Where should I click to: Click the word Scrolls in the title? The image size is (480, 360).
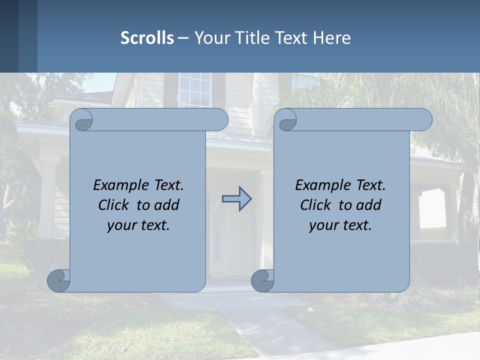click(x=147, y=38)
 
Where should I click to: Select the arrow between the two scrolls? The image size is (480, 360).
click(x=236, y=199)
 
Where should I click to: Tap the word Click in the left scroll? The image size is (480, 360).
click(x=114, y=205)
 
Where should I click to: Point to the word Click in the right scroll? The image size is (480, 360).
click(x=316, y=205)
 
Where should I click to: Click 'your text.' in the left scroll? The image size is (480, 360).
click(x=138, y=225)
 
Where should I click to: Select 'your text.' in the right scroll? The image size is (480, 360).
click(x=340, y=225)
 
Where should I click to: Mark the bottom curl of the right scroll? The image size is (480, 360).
click(x=262, y=280)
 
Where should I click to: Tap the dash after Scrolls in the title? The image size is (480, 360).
click(x=183, y=38)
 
